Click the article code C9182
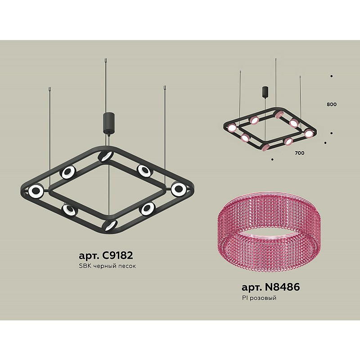[117, 255]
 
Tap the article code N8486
[282, 287]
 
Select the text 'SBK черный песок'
[107, 266]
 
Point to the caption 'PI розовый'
[259, 298]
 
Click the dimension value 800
[332, 104]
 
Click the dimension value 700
[300, 153]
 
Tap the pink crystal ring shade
[269, 232]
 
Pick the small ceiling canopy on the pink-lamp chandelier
[265, 92]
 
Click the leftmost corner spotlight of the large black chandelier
[36, 191]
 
